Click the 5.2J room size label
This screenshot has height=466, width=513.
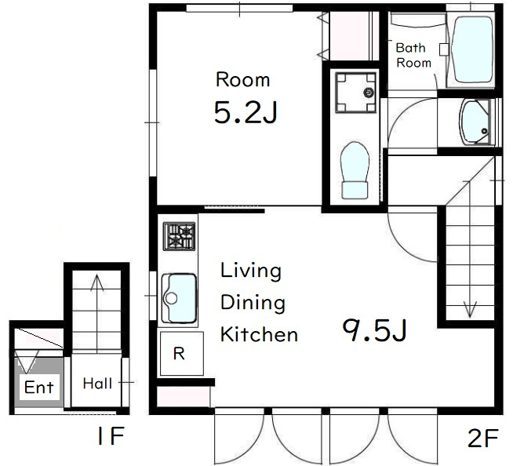(246, 112)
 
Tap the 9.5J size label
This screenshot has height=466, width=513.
(375, 330)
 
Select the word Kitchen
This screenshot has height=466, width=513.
(259, 334)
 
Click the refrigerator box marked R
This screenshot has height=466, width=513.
(182, 354)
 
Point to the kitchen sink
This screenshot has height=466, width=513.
(180, 298)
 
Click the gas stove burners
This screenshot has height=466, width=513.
(180, 236)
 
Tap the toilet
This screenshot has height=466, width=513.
(355, 170)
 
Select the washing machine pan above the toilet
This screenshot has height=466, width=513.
(355, 93)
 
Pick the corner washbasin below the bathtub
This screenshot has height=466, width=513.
(475, 122)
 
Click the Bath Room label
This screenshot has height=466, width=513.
(413, 55)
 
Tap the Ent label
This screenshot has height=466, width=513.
(39, 388)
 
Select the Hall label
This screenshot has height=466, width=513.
(97, 384)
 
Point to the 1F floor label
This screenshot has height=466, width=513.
(111, 435)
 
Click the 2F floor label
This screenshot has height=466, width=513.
(483, 438)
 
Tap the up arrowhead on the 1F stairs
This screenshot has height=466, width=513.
(96, 282)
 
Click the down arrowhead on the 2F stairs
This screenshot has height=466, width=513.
(470, 310)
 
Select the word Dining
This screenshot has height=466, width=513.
(253, 304)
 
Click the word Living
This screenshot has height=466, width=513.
(251, 271)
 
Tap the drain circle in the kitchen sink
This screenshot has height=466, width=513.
(171, 298)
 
